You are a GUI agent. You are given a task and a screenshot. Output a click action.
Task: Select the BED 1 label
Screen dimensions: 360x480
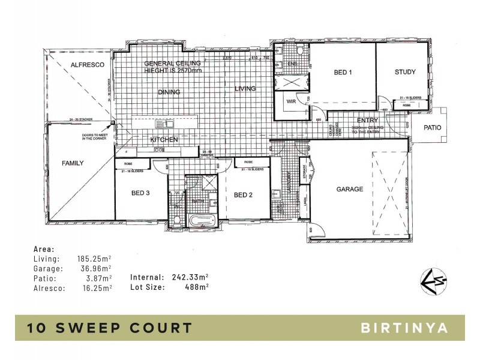342,73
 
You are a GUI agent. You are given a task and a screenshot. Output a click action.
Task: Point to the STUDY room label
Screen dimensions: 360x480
405,73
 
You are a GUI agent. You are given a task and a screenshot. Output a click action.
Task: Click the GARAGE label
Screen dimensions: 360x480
349,189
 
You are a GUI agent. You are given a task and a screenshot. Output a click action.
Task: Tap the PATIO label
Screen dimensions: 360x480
432,127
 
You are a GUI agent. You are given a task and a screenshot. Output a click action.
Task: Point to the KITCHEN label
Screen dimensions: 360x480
164,139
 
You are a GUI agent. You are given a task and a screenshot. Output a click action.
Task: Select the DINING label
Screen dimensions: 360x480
169,92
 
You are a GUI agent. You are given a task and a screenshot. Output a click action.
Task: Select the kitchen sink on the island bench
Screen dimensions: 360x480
163,125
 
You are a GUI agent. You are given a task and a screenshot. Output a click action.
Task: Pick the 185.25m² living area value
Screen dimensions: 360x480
95,259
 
